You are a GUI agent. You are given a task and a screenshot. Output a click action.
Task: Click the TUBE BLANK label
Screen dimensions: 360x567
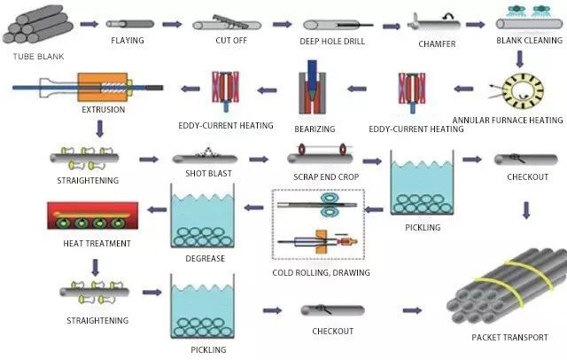point(37,57)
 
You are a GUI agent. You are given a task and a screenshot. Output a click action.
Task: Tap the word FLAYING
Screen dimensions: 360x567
point(128,41)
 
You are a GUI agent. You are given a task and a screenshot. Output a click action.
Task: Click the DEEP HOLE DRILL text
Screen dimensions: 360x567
point(329,41)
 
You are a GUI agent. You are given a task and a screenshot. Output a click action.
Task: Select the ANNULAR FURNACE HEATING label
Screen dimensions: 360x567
point(508,120)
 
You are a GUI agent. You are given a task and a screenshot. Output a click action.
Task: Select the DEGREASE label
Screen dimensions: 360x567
point(206,258)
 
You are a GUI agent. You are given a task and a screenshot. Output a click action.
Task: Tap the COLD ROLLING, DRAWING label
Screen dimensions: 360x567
point(322,272)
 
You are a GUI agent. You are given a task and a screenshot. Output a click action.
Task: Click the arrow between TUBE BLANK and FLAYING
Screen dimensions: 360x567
point(89,23)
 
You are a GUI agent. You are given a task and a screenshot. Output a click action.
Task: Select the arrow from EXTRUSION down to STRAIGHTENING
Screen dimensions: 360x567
point(99,129)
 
